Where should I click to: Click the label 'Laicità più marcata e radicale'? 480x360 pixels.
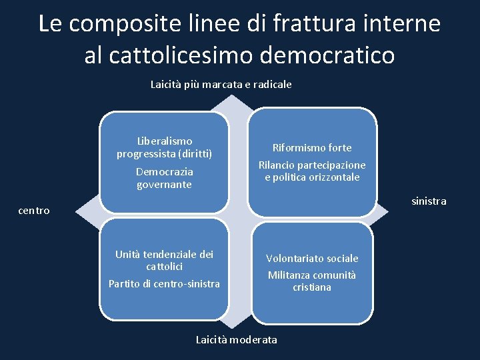[221, 85]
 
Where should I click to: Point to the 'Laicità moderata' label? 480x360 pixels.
[237, 340]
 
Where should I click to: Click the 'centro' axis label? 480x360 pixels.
[34, 211]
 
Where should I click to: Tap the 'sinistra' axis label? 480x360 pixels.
[429, 201]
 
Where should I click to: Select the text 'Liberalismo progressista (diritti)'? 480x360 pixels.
[164, 147]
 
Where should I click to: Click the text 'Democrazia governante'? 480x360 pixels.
[164, 178]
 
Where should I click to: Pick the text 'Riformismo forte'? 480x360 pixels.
[311, 147]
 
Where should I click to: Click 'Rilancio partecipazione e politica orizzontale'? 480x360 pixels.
[311, 171]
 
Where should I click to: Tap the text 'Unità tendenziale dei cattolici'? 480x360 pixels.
[164, 260]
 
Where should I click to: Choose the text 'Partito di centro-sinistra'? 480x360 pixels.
[164, 284]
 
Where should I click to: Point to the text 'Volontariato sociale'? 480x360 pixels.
[312, 258]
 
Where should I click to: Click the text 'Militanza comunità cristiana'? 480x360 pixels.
[312, 281]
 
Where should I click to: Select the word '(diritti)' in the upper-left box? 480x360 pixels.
[192, 154]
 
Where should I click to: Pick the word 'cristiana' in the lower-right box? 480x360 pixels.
[312, 287]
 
